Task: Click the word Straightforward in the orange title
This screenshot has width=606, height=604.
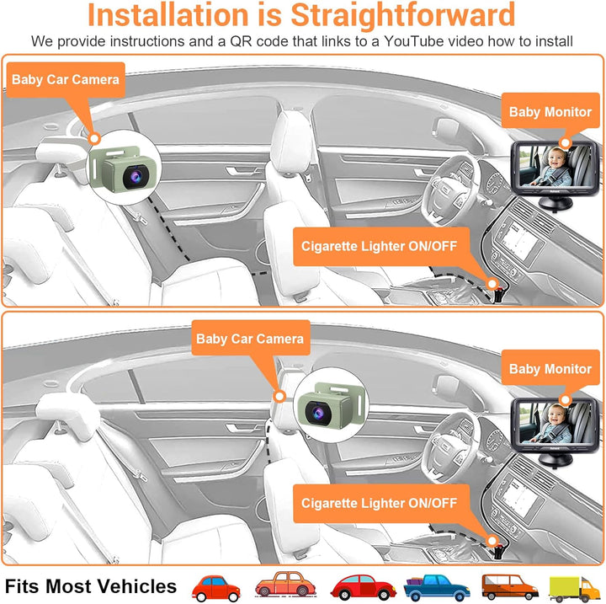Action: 402,14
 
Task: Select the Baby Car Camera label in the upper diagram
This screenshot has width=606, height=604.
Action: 66,80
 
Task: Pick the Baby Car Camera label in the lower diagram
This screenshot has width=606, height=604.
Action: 251,339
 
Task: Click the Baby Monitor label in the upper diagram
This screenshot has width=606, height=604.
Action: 550,112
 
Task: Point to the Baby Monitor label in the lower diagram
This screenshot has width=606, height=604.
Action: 550,369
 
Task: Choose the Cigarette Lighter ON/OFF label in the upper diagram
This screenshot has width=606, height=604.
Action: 379,247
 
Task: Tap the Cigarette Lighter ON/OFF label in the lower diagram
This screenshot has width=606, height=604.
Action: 379,504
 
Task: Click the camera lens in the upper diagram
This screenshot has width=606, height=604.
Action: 136,177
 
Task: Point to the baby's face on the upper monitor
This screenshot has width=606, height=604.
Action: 556,158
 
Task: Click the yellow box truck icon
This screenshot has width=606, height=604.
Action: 575,588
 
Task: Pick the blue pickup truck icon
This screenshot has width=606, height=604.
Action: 437,587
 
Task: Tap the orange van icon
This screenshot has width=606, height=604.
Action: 510,587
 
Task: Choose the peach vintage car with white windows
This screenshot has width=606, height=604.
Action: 285,585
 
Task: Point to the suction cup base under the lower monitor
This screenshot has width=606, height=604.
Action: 555,460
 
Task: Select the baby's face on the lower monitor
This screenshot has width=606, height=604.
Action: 556,414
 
